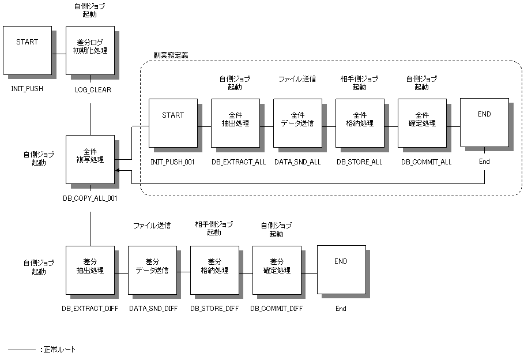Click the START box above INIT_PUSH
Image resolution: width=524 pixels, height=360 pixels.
[27, 50]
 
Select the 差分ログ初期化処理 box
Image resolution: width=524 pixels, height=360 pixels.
[89, 50]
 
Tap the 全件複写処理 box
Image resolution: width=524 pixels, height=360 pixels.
[89, 159]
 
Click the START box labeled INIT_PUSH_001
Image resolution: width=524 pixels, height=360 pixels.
[172, 123]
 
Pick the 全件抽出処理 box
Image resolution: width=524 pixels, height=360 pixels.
[235, 123]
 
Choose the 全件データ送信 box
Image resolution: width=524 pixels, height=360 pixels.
[297, 123]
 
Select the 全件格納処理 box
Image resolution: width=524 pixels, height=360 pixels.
[359, 123]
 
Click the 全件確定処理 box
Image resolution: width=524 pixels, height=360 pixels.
[421, 123]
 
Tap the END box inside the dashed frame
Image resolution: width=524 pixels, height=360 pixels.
[484, 122]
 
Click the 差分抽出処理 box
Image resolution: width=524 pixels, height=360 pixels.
[89, 269]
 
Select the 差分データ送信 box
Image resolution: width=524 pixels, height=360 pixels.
[152, 269]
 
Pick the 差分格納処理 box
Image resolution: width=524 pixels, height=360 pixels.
[214, 269]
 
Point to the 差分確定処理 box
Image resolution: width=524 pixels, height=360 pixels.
[276, 269]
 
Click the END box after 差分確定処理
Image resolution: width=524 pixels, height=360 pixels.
[341, 269]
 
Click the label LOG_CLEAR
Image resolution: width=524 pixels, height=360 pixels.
[93, 90]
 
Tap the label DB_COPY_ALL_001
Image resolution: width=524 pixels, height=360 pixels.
[90, 198]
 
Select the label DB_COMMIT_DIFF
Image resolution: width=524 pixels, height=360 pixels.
[277, 309]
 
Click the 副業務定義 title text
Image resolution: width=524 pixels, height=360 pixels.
[171, 55]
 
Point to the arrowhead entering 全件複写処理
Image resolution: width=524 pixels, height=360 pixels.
[118, 171]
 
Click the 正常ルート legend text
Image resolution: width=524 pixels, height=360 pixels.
[59, 350]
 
